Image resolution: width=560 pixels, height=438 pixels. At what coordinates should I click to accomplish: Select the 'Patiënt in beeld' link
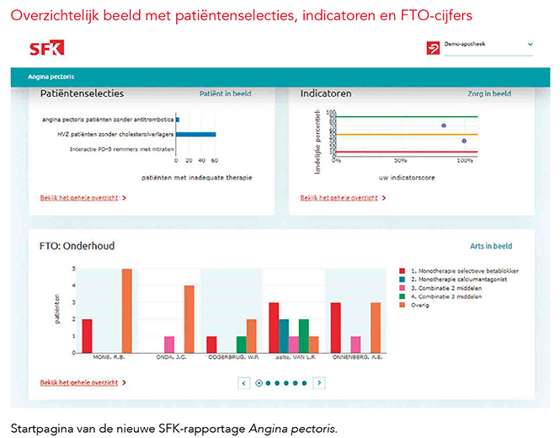(225, 93)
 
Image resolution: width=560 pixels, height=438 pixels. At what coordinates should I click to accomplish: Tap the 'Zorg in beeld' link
(489, 93)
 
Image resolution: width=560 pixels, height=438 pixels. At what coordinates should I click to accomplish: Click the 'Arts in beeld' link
(491, 247)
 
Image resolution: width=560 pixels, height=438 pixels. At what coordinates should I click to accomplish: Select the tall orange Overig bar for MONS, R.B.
(127, 309)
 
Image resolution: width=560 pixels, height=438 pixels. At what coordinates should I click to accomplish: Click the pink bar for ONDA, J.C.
(169, 343)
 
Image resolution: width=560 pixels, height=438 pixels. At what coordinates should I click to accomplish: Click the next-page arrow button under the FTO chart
(319, 382)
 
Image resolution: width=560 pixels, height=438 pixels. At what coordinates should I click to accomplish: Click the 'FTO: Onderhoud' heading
(77, 246)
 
